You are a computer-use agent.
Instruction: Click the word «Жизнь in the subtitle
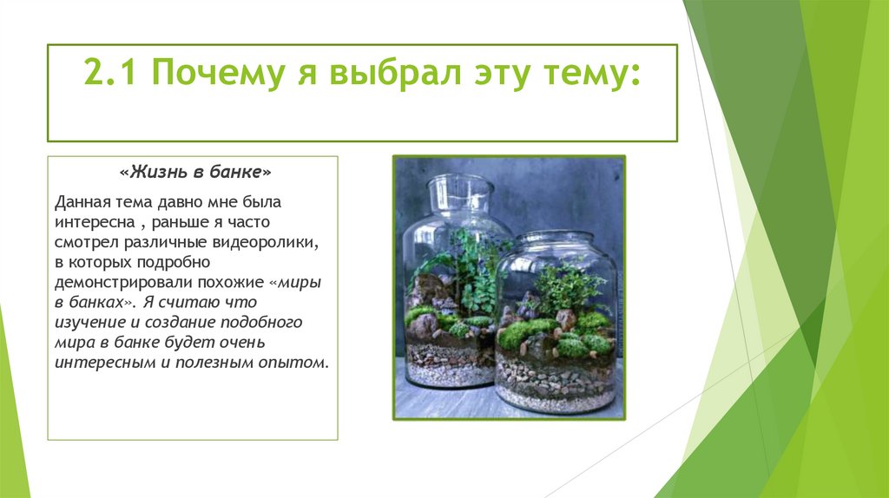pyautogui.click(x=155, y=172)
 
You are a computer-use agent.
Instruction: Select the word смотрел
pyautogui.click(x=86, y=242)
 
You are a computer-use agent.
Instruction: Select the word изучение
pyautogui.click(x=89, y=322)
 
